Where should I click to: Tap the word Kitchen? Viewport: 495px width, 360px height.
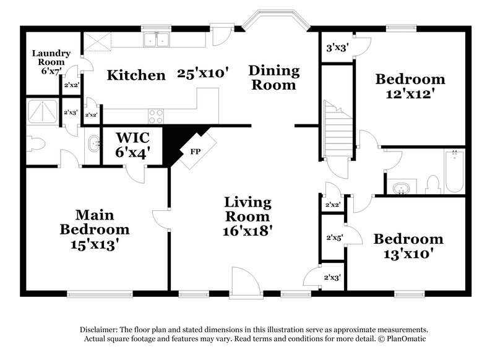(136, 75)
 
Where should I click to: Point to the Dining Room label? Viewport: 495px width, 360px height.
(273, 78)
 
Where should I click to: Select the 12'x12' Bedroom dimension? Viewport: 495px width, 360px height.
(410, 94)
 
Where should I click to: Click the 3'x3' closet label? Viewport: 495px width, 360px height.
(337, 46)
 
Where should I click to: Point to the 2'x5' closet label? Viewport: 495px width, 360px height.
(334, 236)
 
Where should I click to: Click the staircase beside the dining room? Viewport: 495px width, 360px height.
(337, 127)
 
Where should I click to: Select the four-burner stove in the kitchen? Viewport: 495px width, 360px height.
(156, 115)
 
